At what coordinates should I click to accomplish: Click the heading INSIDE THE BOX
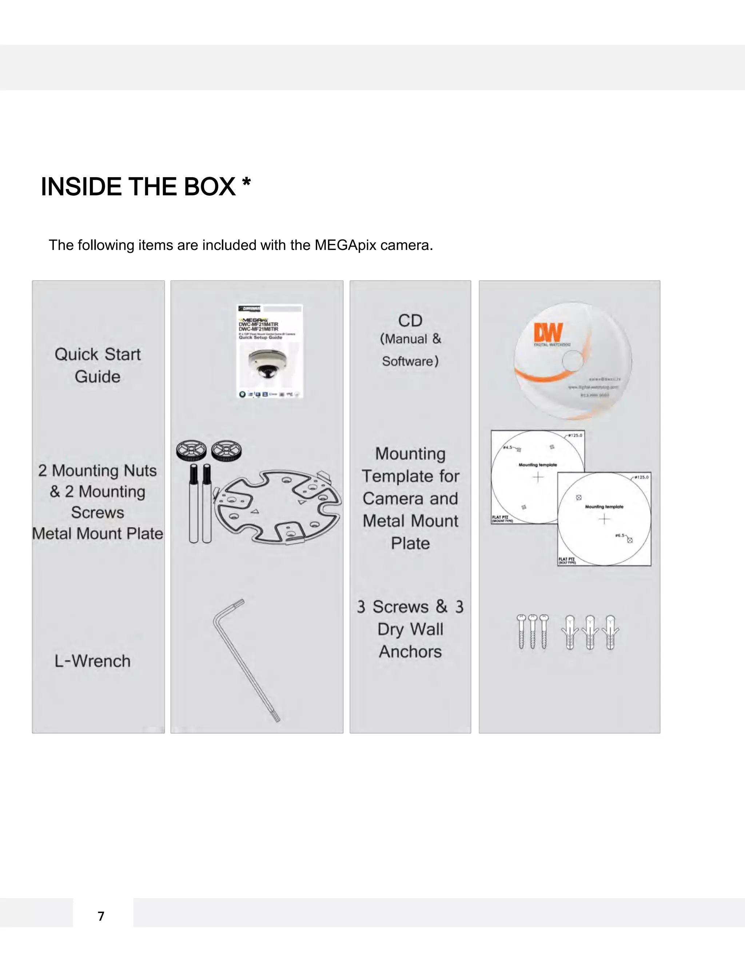(x=138, y=187)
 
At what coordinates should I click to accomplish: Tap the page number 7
(x=101, y=916)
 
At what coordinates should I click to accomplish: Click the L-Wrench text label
(x=92, y=661)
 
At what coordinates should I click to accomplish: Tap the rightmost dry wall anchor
(x=610, y=633)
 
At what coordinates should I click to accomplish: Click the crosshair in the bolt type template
(x=604, y=519)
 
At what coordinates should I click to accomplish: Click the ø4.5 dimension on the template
(x=507, y=447)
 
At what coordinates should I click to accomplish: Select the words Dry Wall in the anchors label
(x=410, y=629)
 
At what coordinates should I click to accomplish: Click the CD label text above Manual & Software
(x=410, y=320)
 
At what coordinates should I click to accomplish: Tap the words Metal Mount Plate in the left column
(x=97, y=534)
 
